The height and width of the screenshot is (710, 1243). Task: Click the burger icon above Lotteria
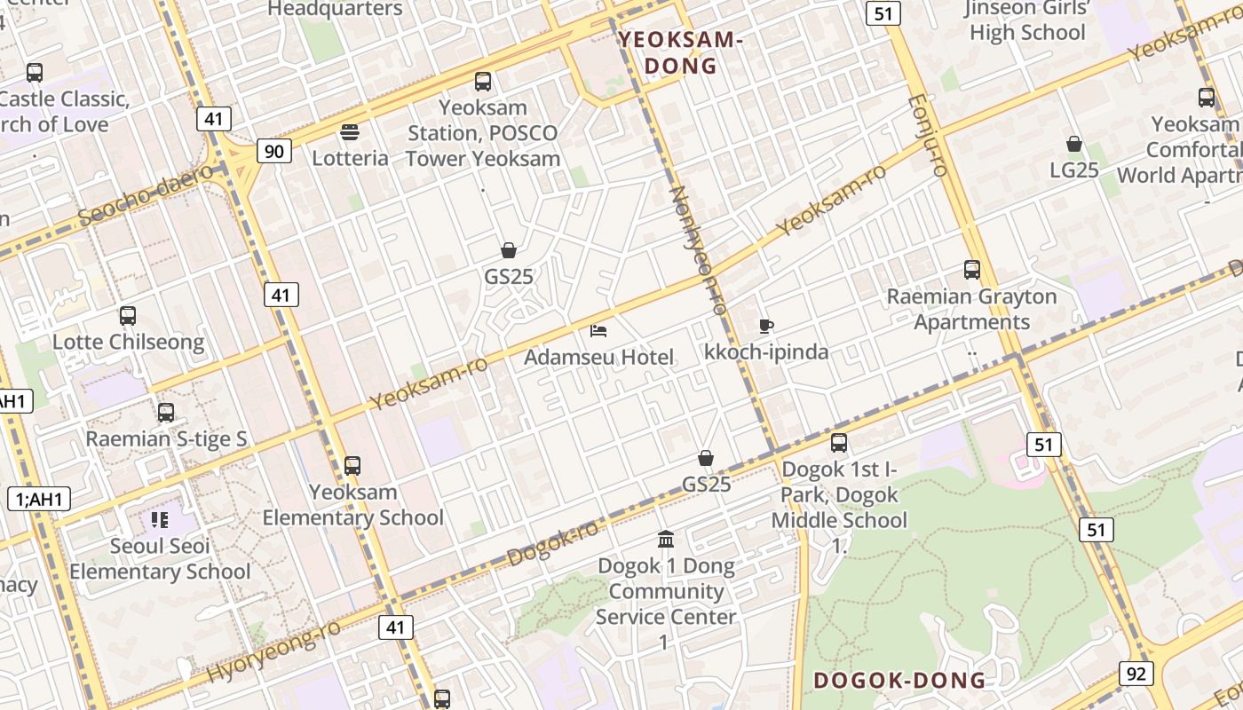(350, 132)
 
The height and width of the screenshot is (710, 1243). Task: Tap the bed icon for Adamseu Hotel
(598, 331)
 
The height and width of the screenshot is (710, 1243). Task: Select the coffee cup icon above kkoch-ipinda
(765, 326)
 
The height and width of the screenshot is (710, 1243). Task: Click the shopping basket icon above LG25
(1073, 144)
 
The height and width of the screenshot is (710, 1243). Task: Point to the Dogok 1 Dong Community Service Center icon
(665, 539)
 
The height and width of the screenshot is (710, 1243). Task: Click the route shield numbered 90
(274, 151)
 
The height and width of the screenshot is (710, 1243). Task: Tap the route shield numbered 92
(1136, 673)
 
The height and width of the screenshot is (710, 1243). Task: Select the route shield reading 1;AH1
(39, 499)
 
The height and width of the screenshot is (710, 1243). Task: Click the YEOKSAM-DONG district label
(680, 52)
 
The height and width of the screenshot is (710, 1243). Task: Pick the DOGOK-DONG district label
(899, 681)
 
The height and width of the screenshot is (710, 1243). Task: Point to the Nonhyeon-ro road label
(697, 249)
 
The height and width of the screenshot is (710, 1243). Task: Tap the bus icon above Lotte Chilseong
(128, 315)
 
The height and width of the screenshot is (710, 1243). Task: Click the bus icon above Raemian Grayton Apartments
(971, 270)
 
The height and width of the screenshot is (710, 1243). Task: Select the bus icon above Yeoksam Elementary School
(352, 465)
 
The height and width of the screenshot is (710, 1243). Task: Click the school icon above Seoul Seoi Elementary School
(160, 519)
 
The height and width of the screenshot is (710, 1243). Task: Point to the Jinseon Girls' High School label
(1027, 20)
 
